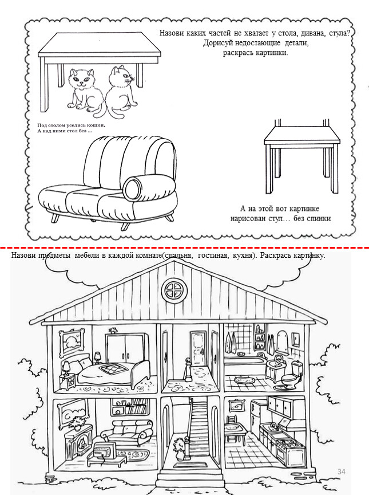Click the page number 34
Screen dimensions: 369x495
(x=342, y=472)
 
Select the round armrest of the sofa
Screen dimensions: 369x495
(x=132, y=187)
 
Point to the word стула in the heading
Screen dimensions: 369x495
(x=339, y=33)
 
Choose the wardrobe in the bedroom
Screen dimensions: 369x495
(x=125, y=348)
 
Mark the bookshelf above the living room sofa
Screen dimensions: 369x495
(x=129, y=407)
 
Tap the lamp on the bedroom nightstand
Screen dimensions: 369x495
(x=66, y=368)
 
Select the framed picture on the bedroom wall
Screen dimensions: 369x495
(x=72, y=341)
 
